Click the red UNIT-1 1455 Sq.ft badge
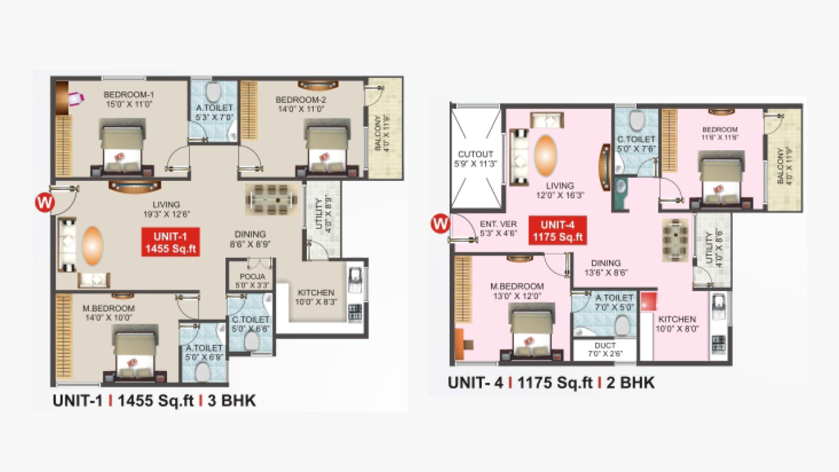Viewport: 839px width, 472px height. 170,243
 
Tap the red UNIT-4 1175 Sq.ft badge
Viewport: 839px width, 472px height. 558,230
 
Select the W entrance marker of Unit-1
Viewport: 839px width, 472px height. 45,203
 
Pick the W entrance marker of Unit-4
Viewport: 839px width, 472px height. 440,224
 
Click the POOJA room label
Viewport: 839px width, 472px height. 252,277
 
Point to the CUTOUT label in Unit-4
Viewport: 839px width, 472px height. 475,154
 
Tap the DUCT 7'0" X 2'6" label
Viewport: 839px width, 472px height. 605,349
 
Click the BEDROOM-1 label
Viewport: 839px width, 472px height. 128,95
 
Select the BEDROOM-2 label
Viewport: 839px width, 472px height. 301,100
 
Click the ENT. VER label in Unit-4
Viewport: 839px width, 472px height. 499,224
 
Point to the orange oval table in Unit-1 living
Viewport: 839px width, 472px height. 92,246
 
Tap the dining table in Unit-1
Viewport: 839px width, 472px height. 272,200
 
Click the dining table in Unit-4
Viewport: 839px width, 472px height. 676,240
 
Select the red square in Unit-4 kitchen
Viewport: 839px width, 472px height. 649,302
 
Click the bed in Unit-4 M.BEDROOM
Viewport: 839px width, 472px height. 531,332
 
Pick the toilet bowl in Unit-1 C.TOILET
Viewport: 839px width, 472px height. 252,341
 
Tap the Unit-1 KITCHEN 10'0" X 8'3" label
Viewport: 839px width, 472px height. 316,297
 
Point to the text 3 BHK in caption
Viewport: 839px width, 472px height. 232,401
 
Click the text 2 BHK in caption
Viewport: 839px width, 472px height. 631,383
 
